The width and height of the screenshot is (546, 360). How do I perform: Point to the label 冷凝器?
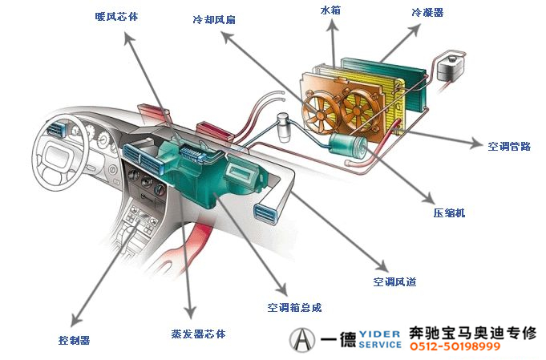(427, 13)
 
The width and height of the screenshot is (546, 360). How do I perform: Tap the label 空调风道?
(394, 282)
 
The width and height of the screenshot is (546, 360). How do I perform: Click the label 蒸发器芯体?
(198, 333)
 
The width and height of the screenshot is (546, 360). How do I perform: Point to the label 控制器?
(74, 340)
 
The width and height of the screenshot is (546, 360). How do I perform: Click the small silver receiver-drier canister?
(283, 127)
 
